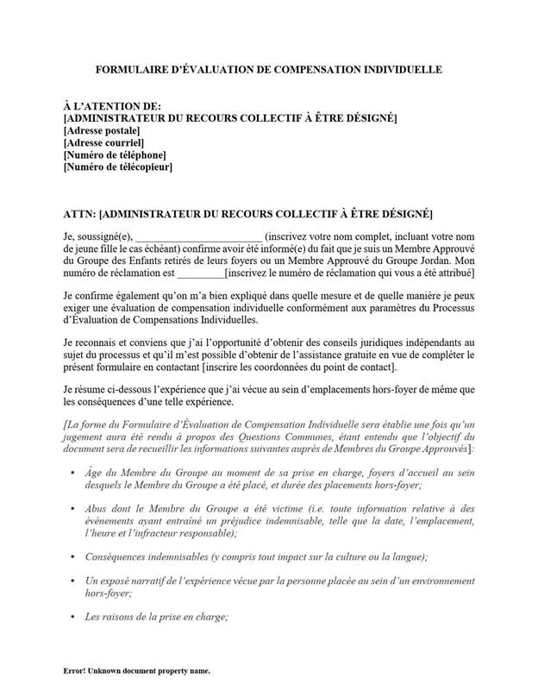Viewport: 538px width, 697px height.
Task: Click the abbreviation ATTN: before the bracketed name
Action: click(x=79, y=213)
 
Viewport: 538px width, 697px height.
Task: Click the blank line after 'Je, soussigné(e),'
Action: click(x=198, y=236)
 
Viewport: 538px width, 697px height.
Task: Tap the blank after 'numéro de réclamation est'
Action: click(x=199, y=273)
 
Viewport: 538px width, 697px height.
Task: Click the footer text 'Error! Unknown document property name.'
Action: click(x=136, y=670)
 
